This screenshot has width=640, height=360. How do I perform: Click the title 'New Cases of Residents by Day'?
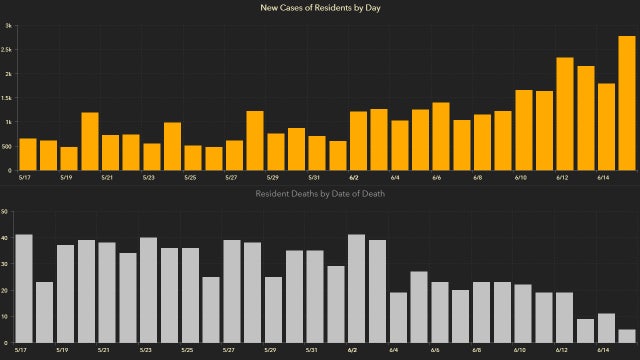320,8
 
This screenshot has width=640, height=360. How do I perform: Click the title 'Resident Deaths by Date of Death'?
320,193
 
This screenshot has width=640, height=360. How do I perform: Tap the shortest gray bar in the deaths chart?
627,337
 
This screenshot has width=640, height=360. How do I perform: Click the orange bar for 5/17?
28,155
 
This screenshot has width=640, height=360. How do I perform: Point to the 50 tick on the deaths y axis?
5,212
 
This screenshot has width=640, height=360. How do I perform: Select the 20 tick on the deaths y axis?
5,291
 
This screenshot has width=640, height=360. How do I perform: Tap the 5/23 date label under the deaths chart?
148,351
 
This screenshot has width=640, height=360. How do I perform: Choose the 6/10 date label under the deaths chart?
520,351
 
